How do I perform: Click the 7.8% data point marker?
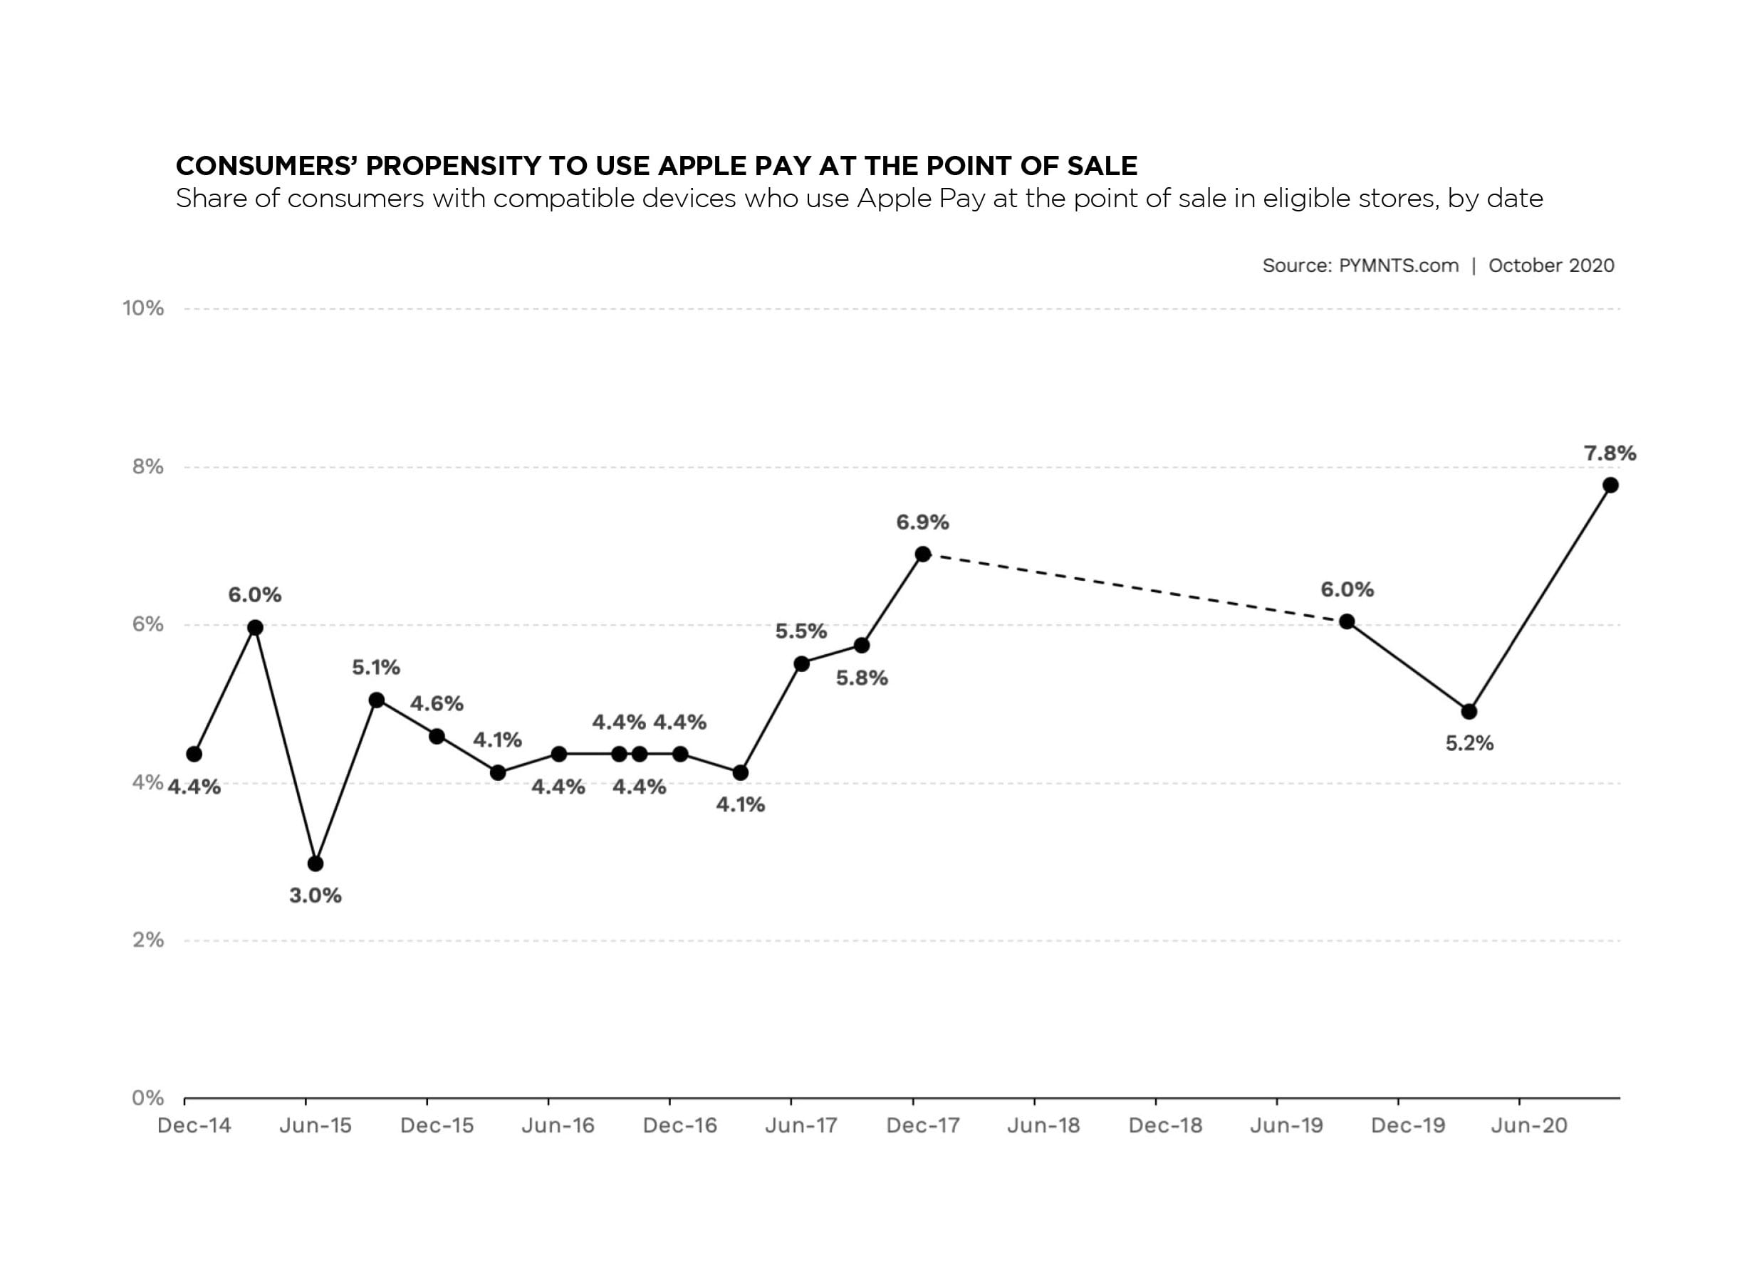(x=1609, y=485)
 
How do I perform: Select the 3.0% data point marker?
(x=316, y=863)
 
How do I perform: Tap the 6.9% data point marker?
(x=922, y=554)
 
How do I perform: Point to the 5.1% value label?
(x=376, y=668)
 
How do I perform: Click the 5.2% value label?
(x=1469, y=743)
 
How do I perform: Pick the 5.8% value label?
(x=861, y=678)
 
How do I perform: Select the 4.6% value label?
(x=437, y=704)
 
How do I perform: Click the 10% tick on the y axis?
(x=144, y=309)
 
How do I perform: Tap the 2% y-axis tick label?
(x=148, y=940)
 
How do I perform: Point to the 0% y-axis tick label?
(x=148, y=1098)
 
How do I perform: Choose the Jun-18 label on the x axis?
(x=1043, y=1125)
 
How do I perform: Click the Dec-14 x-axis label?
(x=194, y=1125)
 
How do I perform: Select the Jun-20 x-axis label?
(x=1528, y=1125)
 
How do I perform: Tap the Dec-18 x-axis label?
(x=1164, y=1125)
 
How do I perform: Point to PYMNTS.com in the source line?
(x=1398, y=266)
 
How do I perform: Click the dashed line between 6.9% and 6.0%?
(x=1133, y=587)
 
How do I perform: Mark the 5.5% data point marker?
(x=801, y=663)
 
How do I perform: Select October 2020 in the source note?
(x=1551, y=266)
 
